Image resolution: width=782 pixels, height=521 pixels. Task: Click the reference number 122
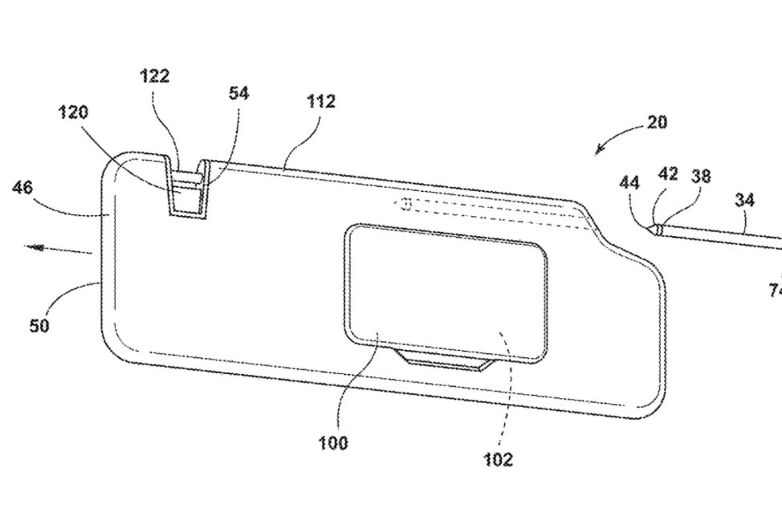[154, 76]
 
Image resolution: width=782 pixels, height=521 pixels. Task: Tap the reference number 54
[238, 94]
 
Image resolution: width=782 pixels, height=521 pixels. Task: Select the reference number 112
[321, 102]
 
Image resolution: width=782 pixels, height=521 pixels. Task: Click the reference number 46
[23, 189]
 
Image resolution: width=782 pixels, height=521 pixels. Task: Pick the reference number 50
[39, 326]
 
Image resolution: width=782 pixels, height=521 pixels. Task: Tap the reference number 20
[657, 124]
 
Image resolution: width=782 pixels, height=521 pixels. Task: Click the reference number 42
[668, 174]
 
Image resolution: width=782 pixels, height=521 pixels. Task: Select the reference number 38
[701, 176]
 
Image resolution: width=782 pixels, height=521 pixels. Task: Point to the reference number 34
[745, 200]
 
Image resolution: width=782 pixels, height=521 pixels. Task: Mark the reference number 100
[332, 442]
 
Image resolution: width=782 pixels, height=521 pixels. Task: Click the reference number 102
[498, 459]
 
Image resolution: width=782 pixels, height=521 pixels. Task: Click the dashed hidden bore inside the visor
[490, 213]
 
